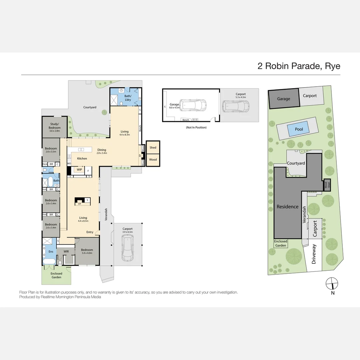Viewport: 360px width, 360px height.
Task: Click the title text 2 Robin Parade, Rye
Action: click(x=299, y=66)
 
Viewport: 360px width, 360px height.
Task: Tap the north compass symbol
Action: click(x=332, y=284)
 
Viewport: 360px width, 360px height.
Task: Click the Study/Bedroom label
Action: click(x=55, y=126)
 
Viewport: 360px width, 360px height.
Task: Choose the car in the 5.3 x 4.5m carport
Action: click(x=236, y=106)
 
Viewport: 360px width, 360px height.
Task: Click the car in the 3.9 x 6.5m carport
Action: click(x=128, y=248)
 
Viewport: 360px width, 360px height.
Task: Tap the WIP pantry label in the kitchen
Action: click(x=79, y=170)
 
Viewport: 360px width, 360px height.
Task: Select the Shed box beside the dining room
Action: click(x=153, y=147)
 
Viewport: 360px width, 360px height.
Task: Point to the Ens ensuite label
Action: click(x=51, y=252)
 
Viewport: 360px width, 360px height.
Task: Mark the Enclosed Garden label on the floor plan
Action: click(x=56, y=275)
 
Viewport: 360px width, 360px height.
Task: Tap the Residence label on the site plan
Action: click(x=287, y=207)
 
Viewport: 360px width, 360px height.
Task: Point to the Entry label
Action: click(x=90, y=232)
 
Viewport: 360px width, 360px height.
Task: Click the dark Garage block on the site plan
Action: click(x=284, y=99)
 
